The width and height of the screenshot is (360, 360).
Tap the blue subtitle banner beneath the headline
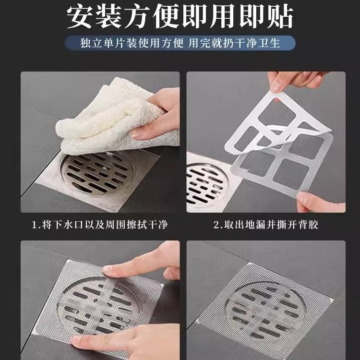pyautogui.click(x=180, y=43)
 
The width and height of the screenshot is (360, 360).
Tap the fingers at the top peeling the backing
pyautogui.click(x=293, y=79)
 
